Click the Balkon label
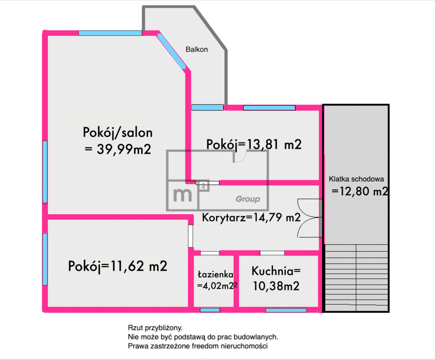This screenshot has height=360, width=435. [x=197, y=49]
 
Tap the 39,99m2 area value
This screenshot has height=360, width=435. [x=124, y=149]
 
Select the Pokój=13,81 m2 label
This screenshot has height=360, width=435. [x=254, y=144]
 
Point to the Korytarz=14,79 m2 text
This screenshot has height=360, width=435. [x=251, y=217]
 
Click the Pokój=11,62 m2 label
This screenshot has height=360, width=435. [x=118, y=266]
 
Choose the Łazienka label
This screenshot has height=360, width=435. [x=216, y=274]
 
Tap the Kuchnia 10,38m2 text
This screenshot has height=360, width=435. [x=276, y=278]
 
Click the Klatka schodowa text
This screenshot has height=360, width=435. [x=357, y=179]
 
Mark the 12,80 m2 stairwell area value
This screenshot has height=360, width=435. [x=360, y=191]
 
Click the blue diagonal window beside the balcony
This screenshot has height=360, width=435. [x=171, y=51]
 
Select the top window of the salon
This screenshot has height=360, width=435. [x=110, y=33]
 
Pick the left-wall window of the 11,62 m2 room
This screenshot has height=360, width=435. [x=45, y=259]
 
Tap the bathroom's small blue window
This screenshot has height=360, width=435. [x=210, y=310]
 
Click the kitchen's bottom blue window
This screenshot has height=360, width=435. [x=286, y=310]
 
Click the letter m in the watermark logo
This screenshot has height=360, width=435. [x=182, y=195]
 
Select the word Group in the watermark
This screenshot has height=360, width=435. [x=248, y=199]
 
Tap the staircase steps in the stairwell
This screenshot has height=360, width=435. [x=356, y=277]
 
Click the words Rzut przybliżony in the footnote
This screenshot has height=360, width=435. [x=155, y=328]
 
